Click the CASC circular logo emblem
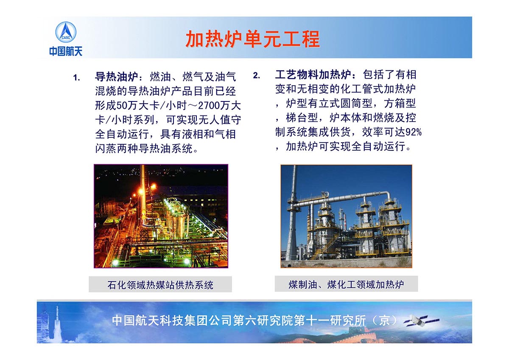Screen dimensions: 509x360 pos(66,32)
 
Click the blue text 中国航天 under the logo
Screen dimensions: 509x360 pos(66,51)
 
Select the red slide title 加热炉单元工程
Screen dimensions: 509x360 pos(253,39)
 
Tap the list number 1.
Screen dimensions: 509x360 pos(77,78)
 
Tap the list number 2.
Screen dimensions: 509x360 pos(257,76)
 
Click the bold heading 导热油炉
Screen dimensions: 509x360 pos(117,77)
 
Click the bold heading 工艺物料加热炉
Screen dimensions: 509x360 pos(313,75)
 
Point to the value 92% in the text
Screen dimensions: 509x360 pos(413,132)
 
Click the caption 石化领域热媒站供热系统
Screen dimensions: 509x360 pos(160,285)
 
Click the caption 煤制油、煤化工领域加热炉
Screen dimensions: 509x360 pos(346,284)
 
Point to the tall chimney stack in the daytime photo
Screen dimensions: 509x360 pos(291,214)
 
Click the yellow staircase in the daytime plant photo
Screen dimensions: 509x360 pos(324,248)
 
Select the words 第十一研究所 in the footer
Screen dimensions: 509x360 pos(329,321)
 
